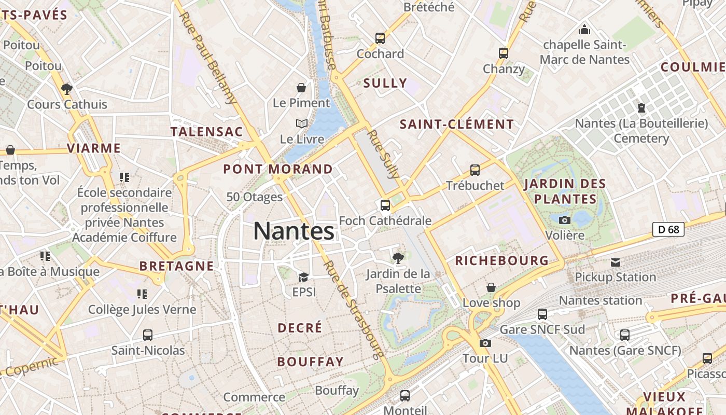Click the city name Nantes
pos(294,231)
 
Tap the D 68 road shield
pos(668,229)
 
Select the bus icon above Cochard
pos(380,38)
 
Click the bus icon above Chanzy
pos(503,53)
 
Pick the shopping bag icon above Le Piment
pos(301,88)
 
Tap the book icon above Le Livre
pos(301,123)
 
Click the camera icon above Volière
pos(565,220)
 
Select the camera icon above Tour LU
pos(485,343)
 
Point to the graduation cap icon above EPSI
pos(303,277)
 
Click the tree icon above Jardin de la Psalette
pos(398,257)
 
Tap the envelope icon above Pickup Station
pos(615,262)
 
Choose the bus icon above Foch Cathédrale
pos(385,205)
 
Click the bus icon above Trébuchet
pos(474,170)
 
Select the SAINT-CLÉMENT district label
pos(456,125)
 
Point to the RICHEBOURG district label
pos(501,260)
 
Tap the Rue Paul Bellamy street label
pos(208,57)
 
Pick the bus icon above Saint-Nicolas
pos(148,335)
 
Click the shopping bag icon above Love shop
pos(491,287)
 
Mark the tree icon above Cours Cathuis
pos(66,89)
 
